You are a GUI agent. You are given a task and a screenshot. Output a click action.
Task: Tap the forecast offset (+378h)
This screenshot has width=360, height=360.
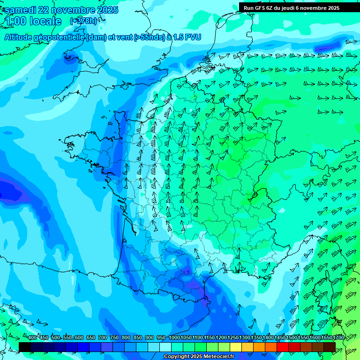[x=83, y=21]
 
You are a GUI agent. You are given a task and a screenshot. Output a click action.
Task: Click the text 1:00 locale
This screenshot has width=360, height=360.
[x=33, y=21]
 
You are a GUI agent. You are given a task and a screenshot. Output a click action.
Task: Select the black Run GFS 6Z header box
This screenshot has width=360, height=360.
[x=298, y=7]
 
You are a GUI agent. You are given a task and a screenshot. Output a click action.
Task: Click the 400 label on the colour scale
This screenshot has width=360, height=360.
[x=32, y=338]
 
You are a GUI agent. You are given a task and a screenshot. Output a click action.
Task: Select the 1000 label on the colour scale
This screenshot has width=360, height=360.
[x=174, y=338]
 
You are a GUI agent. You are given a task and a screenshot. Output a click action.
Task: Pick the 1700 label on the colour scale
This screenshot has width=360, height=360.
[x=338, y=338]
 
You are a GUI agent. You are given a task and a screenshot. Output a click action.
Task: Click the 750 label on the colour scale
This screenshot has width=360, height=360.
[x=114, y=338]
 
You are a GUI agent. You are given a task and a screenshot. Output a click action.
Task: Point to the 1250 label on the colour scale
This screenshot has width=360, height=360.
[x=233, y=338]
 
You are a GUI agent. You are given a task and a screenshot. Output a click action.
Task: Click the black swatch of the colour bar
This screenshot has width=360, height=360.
[x=25, y=347]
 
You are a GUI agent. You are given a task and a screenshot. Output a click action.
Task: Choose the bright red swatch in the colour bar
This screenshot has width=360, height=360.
[x=283, y=347]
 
